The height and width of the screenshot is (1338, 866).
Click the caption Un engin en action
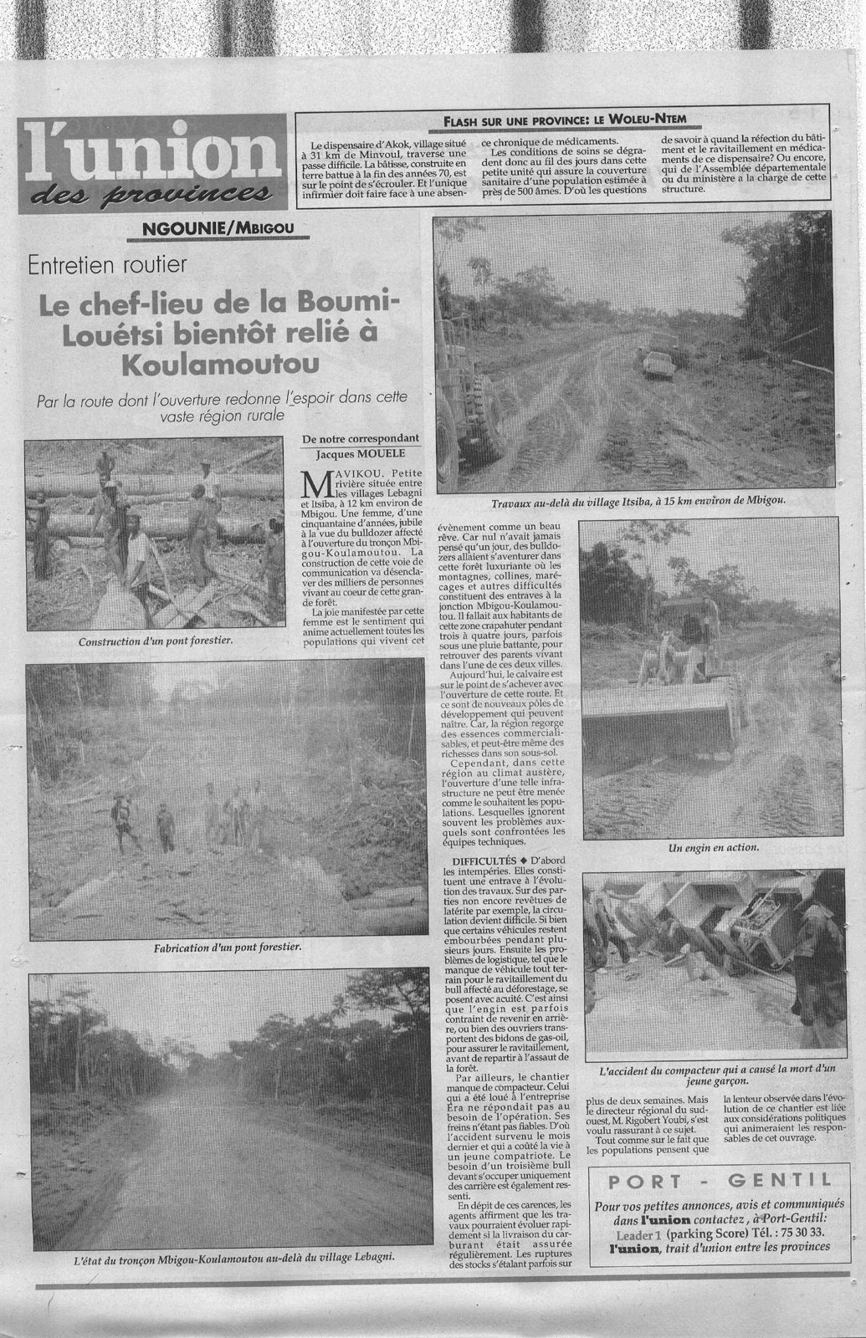click(x=713, y=848)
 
